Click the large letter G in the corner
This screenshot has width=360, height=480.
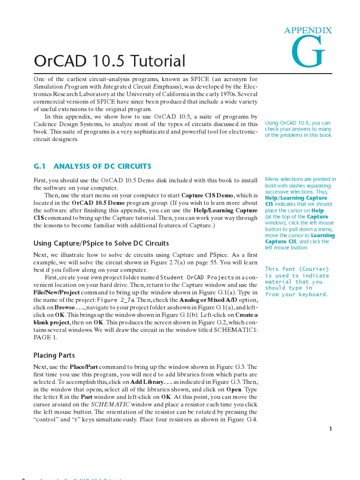pyautogui.click(x=308, y=52)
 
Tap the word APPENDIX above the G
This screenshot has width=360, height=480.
pyautogui.click(x=307, y=30)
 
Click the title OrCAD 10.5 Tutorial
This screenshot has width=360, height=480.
pyautogui.click(x=110, y=61)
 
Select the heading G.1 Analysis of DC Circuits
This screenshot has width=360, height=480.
pyautogui.click(x=93, y=166)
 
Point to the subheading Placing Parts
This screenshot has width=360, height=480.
pyautogui.click(x=54, y=355)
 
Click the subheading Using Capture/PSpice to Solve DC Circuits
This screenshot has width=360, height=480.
pyautogui.click(x=101, y=243)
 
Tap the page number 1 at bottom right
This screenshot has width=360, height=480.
pyautogui.click(x=330, y=428)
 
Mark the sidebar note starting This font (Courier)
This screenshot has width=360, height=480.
pyautogui.click(x=297, y=281)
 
